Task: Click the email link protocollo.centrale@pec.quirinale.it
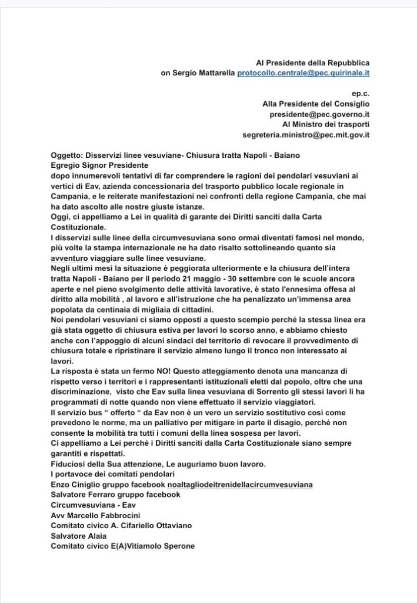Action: pos(303,72)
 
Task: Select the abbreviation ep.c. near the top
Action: pos(360,93)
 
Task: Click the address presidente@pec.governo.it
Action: pos(319,114)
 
